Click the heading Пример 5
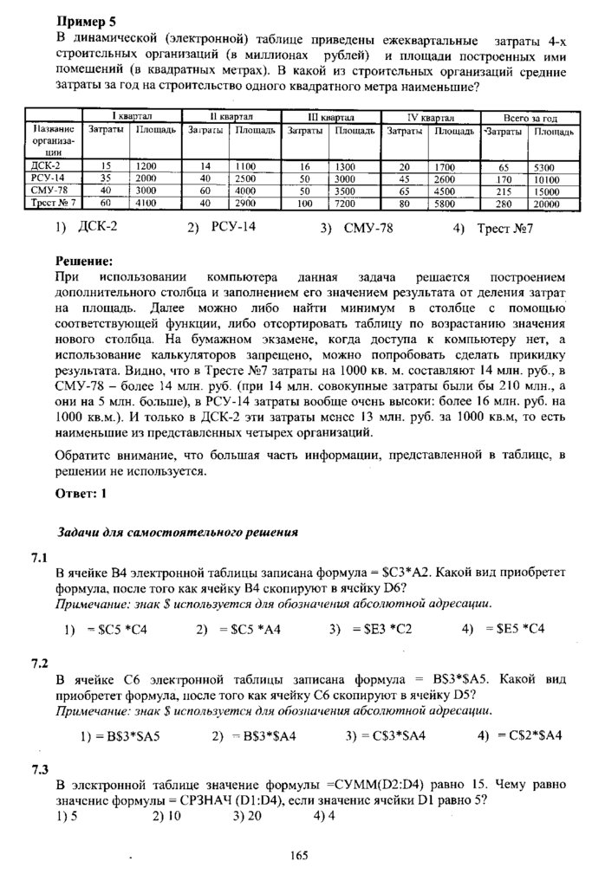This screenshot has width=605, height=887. click(85, 21)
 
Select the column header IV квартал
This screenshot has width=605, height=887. click(432, 116)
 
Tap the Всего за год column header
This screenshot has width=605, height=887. click(530, 116)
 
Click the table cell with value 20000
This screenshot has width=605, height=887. click(546, 204)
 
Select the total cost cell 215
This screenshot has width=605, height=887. click(502, 191)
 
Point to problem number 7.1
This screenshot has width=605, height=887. click(39, 560)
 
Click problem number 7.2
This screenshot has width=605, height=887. click(39, 664)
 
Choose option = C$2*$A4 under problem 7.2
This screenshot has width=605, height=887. click(519, 735)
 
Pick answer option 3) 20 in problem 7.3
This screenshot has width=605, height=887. click(247, 815)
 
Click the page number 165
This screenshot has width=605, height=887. click(300, 856)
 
